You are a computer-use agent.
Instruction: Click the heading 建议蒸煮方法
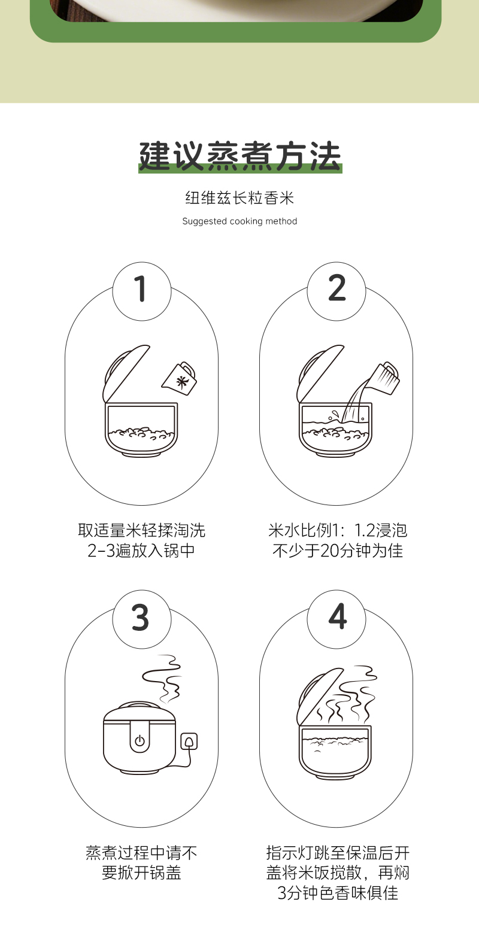(x=240, y=156)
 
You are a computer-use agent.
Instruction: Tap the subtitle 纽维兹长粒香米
(x=239, y=197)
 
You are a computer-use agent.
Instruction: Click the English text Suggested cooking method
(x=239, y=221)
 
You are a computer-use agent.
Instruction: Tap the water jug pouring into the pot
(x=382, y=378)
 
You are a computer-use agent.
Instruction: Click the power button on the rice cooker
(x=140, y=740)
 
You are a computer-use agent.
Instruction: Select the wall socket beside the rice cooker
(x=189, y=742)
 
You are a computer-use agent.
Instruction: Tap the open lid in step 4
(x=320, y=697)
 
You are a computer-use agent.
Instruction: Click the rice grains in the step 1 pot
(x=141, y=433)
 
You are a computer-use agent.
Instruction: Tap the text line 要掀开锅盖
(x=141, y=873)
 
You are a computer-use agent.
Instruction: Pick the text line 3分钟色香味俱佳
(x=338, y=893)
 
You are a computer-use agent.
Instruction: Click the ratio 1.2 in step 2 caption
(x=368, y=531)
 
